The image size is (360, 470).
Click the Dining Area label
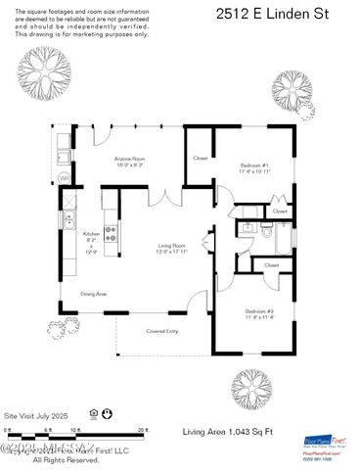pyautogui.click(x=94, y=293)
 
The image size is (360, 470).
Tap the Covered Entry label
pyautogui.click(x=162, y=331)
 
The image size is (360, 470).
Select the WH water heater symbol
pyautogui.click(x=64, y=178)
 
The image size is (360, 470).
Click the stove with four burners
pyautogui.click(x=111, y=235)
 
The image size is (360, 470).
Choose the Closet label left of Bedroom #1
pyautogui.click(x=201, y=158)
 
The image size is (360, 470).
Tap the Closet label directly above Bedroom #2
pyautogui.click(x=272, y=264)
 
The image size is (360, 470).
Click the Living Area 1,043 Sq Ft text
pyautogui.click(x=221, y=431)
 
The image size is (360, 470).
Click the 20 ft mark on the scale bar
pyautogui.click(x=142, y=429)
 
